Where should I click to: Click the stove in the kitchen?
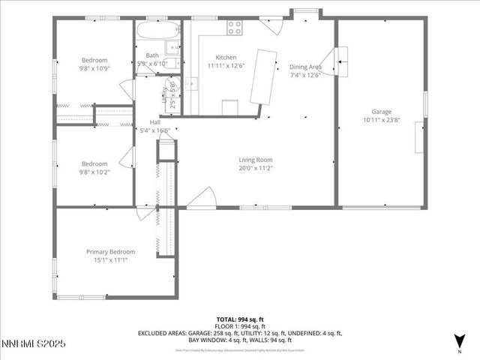(x=235, y=28)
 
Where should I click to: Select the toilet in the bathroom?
(x=172, y=49)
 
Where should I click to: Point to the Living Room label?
(x=255, y=160)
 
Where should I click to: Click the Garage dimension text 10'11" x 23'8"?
(x=382, y=119)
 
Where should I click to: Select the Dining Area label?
(x=305, y=67)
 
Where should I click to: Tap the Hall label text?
(x=154, y=122)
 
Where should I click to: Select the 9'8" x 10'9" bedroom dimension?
(x=94, y=68)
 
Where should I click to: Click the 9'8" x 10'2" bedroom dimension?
(x=94, y=172)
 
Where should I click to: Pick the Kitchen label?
(x=226, y=58)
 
